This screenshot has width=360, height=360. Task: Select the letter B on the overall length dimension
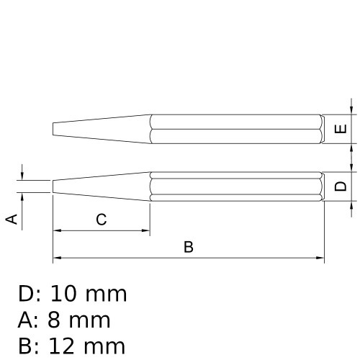coord(189,247)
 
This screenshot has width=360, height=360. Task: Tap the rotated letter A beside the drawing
coord(12,219)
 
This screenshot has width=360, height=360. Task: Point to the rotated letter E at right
coord(342,130)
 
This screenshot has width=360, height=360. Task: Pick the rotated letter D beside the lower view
coord(342,186)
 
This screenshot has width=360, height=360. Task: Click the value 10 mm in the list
coord(89,294)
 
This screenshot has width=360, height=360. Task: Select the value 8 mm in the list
coord(79,320)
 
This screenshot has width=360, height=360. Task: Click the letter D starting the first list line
coord(27,294)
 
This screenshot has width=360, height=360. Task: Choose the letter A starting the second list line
coord(27,320)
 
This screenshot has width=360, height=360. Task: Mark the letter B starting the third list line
coord(27,346)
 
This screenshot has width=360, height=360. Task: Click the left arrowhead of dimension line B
coord(56,258)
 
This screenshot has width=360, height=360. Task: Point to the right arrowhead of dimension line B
coord(320,258)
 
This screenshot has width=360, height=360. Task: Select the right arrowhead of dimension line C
coord(145,231)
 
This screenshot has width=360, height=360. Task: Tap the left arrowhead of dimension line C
coord(56,231)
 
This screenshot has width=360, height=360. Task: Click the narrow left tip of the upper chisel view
coord(54,130)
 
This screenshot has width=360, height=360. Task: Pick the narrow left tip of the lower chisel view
coord(54,186)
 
